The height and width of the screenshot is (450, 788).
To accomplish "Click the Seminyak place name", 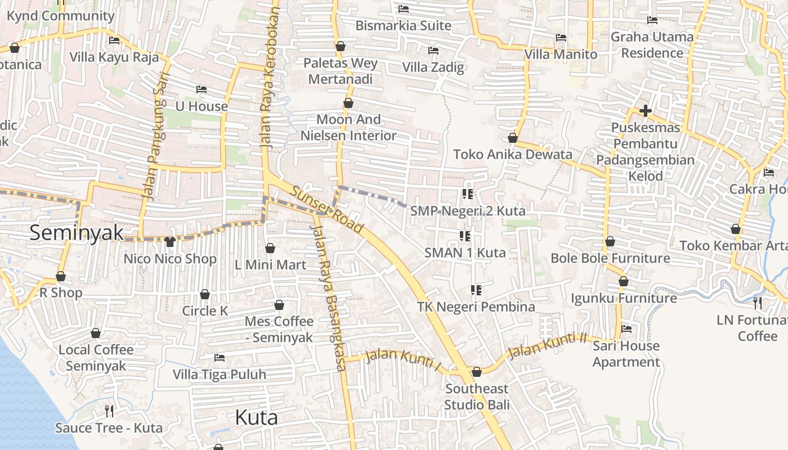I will [x=76, y=232].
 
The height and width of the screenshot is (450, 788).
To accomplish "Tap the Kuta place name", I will [x=256, y=417].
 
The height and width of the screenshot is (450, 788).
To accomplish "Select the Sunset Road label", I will [x=327, y=210].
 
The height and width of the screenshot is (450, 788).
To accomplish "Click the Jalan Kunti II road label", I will [x=547, y=345].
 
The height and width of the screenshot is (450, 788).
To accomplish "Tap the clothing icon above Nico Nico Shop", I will [x=170, y=242].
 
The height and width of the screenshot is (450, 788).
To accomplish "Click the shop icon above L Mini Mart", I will [x=270, y=248].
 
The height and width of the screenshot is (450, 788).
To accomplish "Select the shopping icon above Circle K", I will [x=205, y=294].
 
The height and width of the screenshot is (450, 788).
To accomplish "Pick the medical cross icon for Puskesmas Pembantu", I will [x=645, y=111].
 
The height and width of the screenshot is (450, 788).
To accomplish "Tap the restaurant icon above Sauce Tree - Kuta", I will [x=109, y=411].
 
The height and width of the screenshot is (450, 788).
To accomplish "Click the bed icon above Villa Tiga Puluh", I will [x=220, y=358].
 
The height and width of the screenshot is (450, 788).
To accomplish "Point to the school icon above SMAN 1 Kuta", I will [x=464, y=236].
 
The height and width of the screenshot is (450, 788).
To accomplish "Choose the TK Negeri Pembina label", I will [x=476, y=307].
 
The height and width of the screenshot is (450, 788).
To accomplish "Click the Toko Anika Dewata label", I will [x=512, y=154].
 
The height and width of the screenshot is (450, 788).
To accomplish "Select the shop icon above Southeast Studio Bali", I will [x=477, y=372].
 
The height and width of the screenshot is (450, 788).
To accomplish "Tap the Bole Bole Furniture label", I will [x=610, y=258].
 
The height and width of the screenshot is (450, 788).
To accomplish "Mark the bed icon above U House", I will [x=202, y=89].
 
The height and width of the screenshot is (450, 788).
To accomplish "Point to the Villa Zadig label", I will [x=433, y=67].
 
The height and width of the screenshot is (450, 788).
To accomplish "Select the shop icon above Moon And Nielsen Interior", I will [x=348, y=103].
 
